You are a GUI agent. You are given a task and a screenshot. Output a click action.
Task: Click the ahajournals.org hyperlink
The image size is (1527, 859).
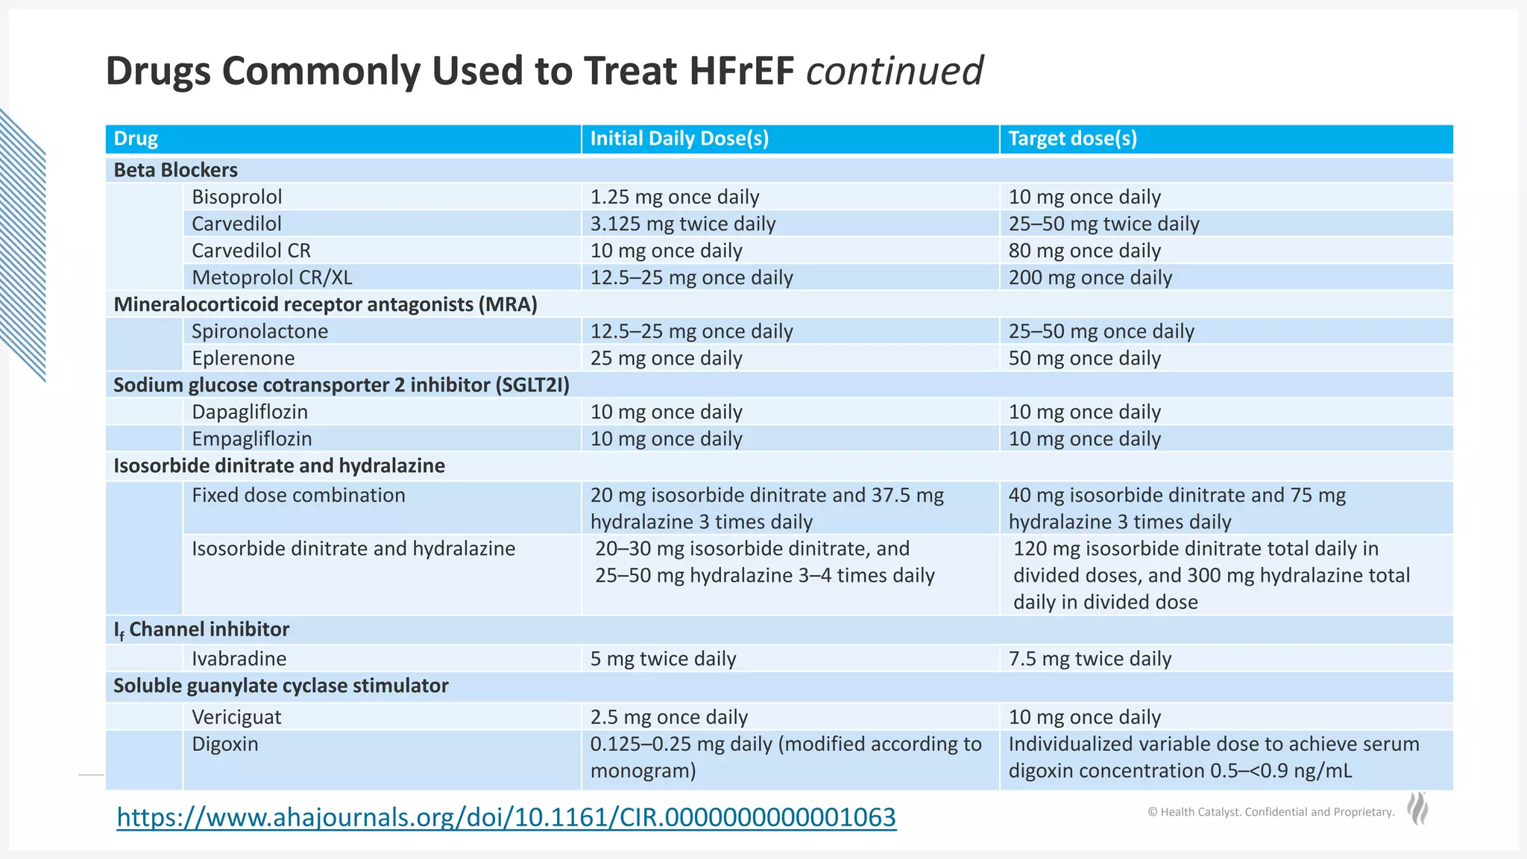tap(506, 817)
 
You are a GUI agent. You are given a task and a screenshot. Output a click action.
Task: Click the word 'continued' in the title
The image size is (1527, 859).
tap(894, 72)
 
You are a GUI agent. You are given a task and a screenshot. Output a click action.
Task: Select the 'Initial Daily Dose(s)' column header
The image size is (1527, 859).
tap(679, 139)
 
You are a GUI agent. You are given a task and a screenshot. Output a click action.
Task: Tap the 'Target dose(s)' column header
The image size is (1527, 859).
tap(1072, 139)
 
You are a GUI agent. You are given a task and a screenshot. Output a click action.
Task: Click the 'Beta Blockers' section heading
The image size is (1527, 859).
tap(175, 170)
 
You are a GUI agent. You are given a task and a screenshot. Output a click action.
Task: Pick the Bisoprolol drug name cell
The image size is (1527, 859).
tap(236, 197)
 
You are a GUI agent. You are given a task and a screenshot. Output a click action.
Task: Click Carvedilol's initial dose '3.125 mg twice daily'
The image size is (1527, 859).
tap(682, 224)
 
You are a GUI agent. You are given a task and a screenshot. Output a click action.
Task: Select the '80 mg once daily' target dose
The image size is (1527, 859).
tap(1084, 251)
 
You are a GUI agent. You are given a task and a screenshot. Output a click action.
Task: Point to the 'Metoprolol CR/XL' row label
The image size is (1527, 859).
tap(271, 277)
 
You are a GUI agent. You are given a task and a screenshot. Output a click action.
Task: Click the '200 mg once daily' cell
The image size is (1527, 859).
tap(1090, 277)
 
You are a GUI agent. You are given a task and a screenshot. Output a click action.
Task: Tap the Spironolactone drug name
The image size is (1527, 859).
tap(259, 331)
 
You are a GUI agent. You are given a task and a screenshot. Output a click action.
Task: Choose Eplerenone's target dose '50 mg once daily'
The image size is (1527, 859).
tap(1084, 358)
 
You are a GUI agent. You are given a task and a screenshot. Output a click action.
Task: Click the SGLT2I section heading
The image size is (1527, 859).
tap(341, 385)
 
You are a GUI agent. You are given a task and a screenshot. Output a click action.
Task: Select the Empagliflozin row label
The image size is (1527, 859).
tap(251, 438)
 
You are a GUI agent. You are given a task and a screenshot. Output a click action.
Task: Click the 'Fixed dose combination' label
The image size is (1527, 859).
tap(298, 495)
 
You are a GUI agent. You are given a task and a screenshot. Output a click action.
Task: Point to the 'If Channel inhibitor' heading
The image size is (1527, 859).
tap(201, 629)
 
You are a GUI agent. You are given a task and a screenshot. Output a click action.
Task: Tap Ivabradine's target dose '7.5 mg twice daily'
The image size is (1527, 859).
tap(1089, 658)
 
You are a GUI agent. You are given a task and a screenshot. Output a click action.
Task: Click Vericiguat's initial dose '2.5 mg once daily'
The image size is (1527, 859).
tap(669, 717)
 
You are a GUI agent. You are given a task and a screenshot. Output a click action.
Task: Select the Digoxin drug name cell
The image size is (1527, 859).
tap(224, 743)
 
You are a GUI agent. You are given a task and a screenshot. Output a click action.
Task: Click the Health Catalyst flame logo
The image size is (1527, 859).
tap(1417, 809)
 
